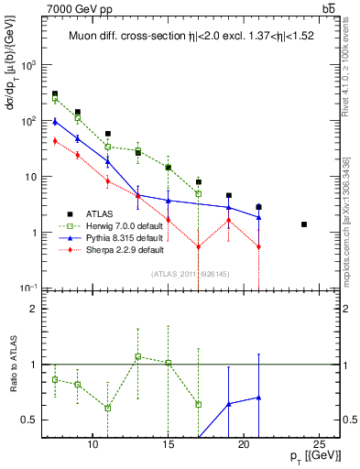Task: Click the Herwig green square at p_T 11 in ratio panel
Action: [107, 408]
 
